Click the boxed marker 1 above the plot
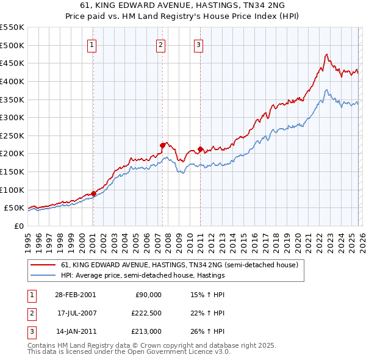[91, 44]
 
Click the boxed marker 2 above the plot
[160, 44]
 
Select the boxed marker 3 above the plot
[199, 44]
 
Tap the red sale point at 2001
[93, 193]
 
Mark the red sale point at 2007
[163, 145]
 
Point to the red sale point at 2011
[201, 149]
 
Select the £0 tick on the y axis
[18, 226]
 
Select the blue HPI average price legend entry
[143, 276]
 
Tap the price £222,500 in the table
[147, 313]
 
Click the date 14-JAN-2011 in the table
[75, 331]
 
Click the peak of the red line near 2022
[327, 54]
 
